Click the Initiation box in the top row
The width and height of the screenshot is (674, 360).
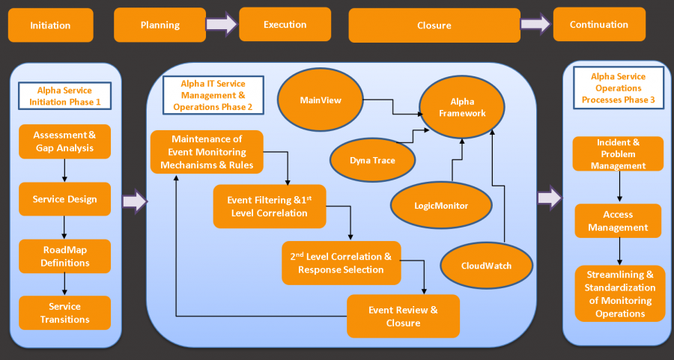(50, 25)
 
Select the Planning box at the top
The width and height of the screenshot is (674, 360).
(160, 25)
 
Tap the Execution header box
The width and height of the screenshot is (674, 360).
(285, 24)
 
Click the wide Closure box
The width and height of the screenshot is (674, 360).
(434, 25)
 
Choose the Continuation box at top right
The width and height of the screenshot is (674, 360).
(598, 24)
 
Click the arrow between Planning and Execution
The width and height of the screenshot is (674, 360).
(222, 25)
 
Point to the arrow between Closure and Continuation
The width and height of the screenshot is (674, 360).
(535, 25)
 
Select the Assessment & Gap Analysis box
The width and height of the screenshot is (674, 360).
(64, 141)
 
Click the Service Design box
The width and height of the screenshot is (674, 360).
(64, 199)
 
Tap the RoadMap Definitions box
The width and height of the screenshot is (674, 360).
(64, 257)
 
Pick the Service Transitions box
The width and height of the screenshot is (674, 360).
(64, 313)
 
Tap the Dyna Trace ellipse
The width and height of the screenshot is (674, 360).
(372, 159)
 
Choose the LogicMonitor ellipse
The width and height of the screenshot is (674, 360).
(440, 204)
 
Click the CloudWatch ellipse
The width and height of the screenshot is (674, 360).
(486, 265)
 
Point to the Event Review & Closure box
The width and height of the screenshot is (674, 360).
(403, 316)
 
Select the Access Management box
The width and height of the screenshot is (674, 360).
(618, 221)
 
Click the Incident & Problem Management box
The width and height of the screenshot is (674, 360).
(618, 153)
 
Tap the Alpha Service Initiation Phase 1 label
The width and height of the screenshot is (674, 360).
(64, 96)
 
